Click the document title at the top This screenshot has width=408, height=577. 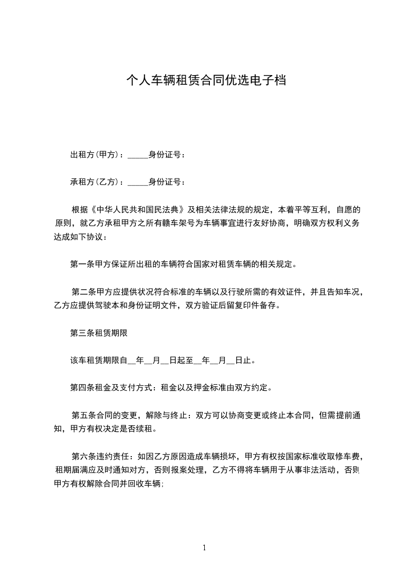(206, 80)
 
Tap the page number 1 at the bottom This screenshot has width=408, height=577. (204, 548)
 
